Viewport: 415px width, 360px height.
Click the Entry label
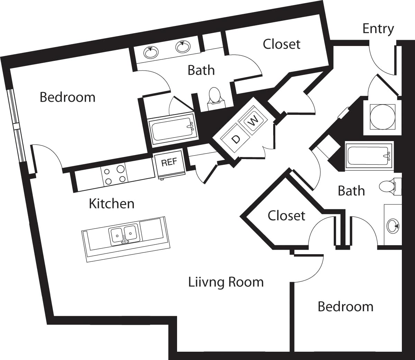pos(378,29)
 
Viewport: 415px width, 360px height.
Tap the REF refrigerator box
pos(169,162)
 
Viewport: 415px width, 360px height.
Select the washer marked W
pos(254,121)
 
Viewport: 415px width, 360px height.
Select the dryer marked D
pos(236,139)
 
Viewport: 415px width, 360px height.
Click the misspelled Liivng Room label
pos(226,282)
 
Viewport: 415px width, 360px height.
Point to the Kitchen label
pos(111,204)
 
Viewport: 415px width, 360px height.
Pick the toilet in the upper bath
pos(214,96)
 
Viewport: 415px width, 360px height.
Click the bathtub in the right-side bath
pos(369,156)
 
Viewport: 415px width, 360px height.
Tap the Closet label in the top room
pos(282,44)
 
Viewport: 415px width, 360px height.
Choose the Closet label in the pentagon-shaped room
pos(286,216)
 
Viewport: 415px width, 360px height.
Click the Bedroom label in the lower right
pos(345,307)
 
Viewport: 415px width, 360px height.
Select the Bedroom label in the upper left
pos(67,97)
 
